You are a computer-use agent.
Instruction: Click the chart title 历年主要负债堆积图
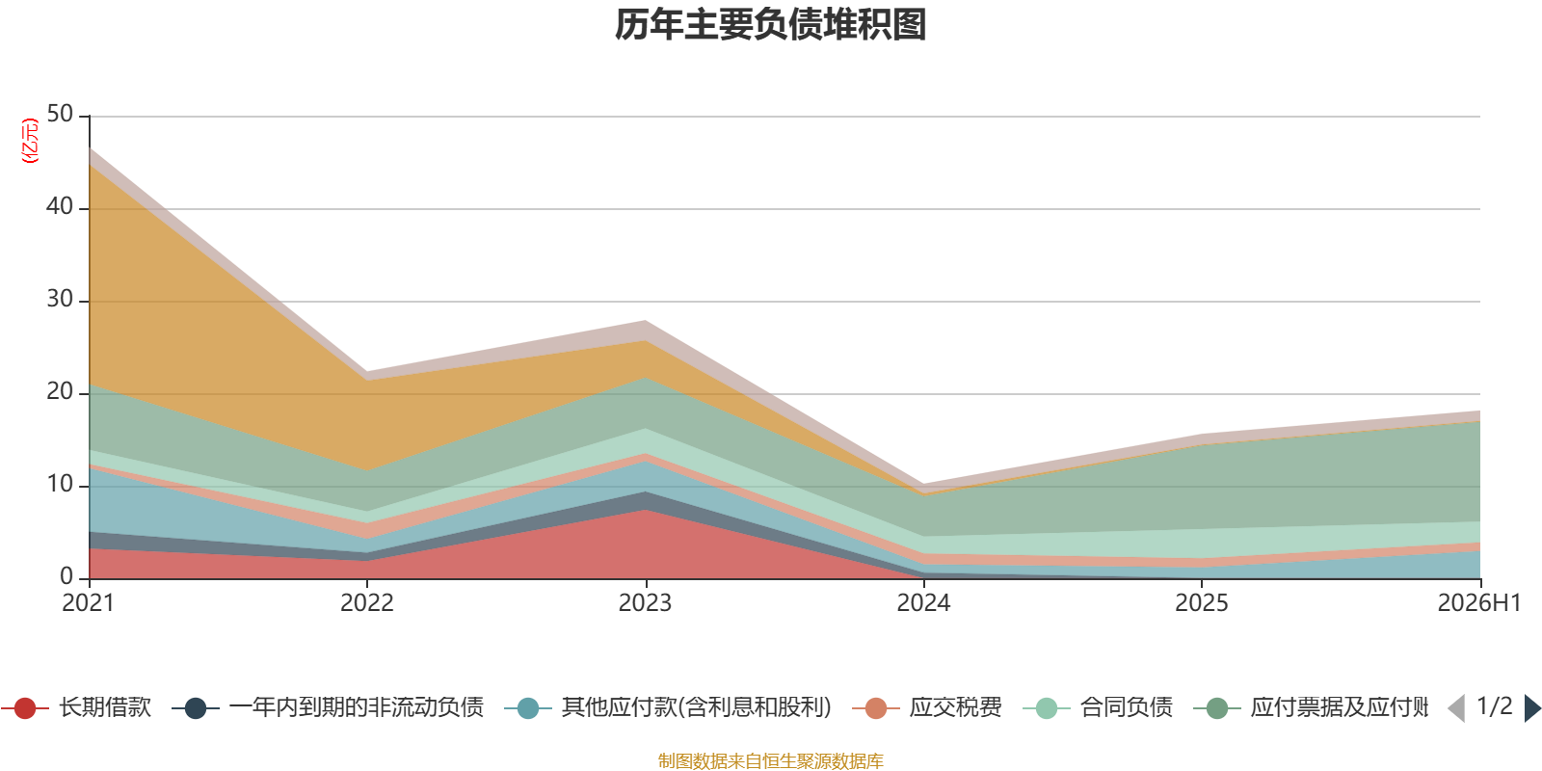point(770,25)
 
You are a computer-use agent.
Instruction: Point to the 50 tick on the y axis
point(60,114)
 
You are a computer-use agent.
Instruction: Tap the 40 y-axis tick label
point(60,206)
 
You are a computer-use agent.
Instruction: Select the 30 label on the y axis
point(60,299)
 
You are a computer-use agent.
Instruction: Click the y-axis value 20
point(60,391)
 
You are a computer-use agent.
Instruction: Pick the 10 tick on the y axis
point(60,484)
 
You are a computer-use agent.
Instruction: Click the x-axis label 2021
point(88,603)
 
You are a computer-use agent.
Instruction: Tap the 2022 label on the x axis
point(367,603)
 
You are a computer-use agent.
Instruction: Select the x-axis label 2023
point(645,603)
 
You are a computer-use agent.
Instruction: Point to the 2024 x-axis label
point(923,603)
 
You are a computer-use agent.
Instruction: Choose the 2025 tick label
point(1201,603)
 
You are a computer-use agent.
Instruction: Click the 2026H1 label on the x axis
point(1479,603)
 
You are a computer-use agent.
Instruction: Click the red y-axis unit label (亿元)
point(30,141)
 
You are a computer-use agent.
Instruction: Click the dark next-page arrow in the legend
point(1531,708)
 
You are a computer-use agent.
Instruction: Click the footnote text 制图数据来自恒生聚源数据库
point(770,760)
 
